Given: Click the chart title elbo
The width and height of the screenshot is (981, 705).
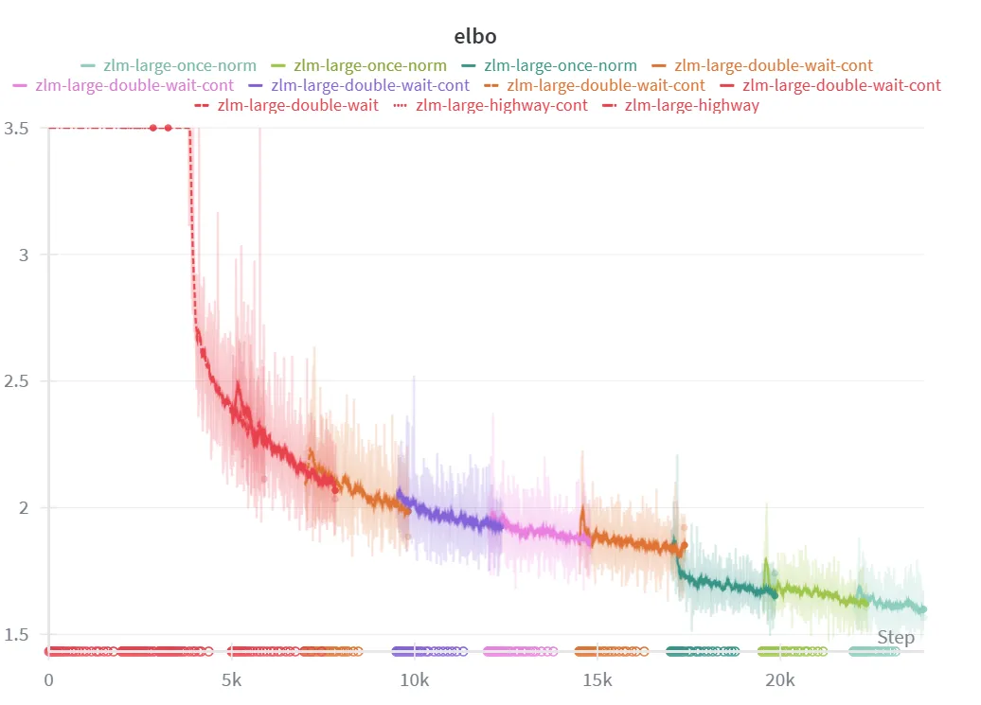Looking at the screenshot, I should [475, 36].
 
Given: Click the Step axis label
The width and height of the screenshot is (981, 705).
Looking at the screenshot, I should [895, 637].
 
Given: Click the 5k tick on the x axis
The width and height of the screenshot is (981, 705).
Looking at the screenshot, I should [231, 680].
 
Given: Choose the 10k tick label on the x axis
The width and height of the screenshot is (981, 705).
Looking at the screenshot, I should [414, 680].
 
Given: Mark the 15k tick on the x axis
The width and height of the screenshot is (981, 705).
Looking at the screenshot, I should [597, 680].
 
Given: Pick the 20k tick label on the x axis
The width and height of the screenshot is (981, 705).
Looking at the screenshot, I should [779, 680].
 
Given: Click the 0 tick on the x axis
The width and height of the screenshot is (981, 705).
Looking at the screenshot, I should [48, 680].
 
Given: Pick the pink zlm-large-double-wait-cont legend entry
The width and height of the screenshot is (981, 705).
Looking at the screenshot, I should [134, 85].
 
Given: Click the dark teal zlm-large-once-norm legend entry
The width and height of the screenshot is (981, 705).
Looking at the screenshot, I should [560, 65].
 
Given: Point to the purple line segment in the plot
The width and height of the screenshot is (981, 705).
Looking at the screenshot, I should [445, 517].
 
